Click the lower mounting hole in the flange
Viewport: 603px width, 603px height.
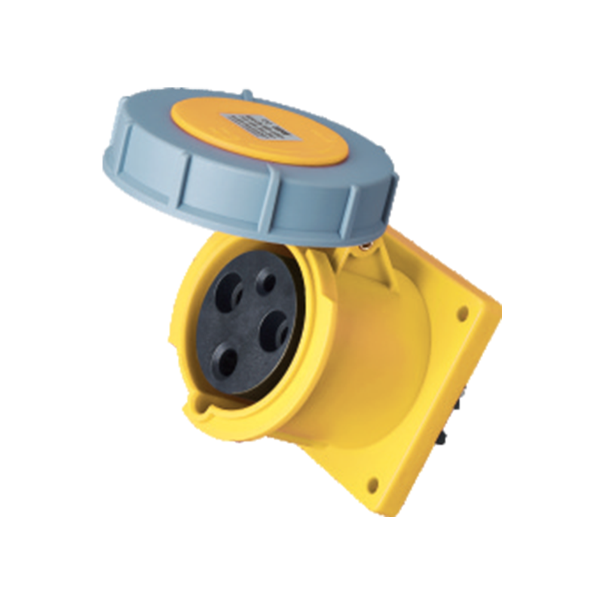pyautogui.click(x=372, y=484)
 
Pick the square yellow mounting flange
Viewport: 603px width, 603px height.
pyautogui.click(x=452, y=392)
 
